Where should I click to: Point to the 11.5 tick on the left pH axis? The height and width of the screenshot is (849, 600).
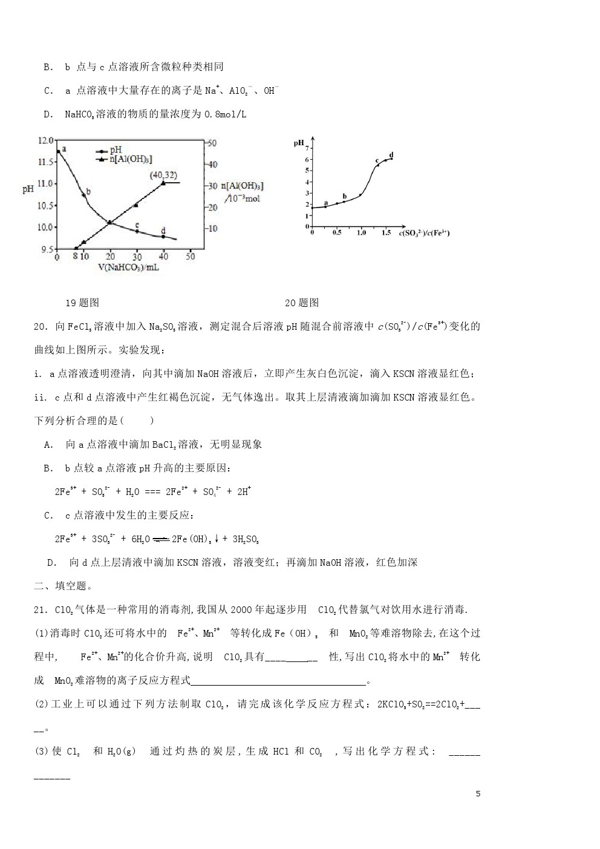click(46, 162)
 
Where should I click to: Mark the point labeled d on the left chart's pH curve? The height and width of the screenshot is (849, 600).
click(163, 237)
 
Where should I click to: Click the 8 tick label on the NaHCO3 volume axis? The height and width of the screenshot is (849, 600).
click(75, 257)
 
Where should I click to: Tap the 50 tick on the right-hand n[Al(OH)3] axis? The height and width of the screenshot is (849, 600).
click(212, 143)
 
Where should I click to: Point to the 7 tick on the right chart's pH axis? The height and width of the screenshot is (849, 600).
click(307, 148)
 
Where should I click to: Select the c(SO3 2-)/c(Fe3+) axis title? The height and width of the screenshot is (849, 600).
click(425, 233)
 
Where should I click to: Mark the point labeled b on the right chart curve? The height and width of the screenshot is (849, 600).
click(344, 202)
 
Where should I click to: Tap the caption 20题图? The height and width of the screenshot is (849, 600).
click(302, 303)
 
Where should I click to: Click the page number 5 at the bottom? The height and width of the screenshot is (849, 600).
click(478, 793)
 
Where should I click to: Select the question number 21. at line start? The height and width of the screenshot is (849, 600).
click(41, 609)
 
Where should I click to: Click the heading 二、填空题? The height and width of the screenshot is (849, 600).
click(63, 586)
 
